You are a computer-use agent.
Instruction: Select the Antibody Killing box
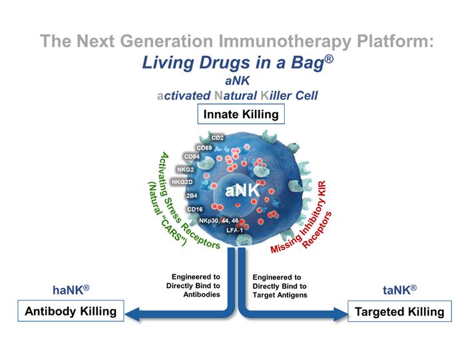click(x=71, y=311)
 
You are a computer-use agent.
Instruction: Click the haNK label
click(x=71, y=290)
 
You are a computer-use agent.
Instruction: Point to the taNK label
click(x=399, y=289)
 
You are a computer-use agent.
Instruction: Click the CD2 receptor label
click(x=217, y=138)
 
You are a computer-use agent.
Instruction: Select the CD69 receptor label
click(x=204, y=147)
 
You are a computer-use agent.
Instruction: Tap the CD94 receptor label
click(x=192, y=157)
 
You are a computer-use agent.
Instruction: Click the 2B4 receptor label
click(x=192, y=196)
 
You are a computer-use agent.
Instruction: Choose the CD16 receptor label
click(x=194, y=209)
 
